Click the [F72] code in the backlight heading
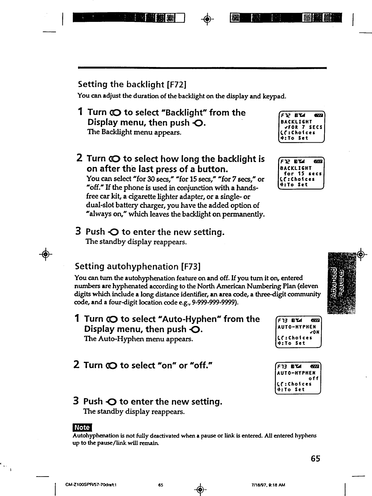tap(177, 84)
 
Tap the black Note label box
tap(82, 427)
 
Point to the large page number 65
tap(315, 459)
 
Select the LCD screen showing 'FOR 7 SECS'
tap(301, 127)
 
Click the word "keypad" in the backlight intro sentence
tap(274, 95)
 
